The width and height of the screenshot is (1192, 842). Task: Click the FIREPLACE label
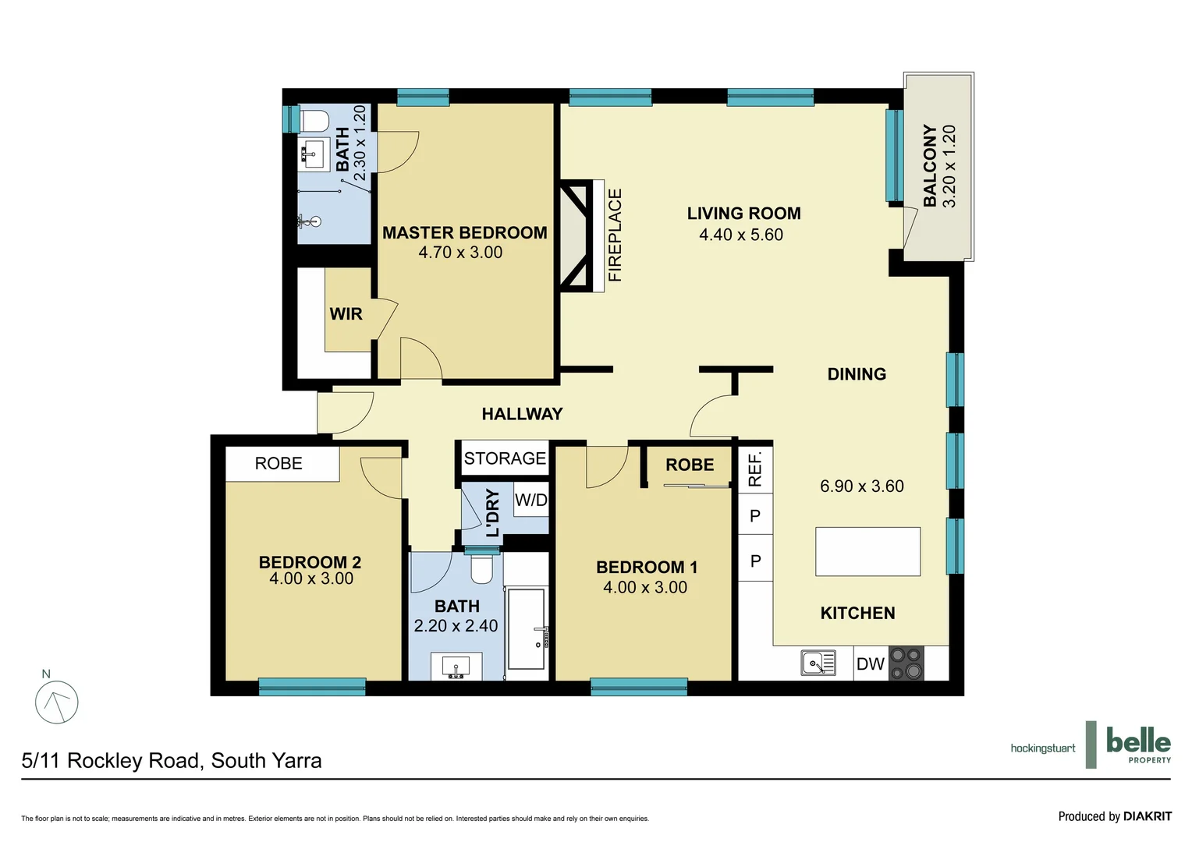click(615, 235)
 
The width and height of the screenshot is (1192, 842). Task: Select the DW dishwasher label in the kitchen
click(870, 664)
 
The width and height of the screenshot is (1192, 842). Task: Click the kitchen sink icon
click(818, 663)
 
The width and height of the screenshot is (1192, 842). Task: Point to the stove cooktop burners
click(906, 663)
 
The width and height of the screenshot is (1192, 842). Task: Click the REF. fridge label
click(755, 469)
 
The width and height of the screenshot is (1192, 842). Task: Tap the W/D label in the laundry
click(531, 501)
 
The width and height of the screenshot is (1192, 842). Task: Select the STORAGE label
click(505, 458)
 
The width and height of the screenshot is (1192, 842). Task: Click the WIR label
click(346, 314)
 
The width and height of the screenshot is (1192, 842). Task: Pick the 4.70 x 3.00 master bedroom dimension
click(460, 253)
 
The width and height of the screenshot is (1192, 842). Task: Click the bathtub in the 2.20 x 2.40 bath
click(527, 628)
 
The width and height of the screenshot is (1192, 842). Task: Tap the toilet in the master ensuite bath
click(314, 121)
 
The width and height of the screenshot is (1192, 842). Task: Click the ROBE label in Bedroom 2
click(278, 464)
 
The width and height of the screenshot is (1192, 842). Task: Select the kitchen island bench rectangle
click(867, 552)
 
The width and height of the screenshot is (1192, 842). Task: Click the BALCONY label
click(930, 165)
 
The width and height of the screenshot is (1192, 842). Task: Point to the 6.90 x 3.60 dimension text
click(861, 486)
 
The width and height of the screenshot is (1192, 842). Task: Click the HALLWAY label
click(522, 414)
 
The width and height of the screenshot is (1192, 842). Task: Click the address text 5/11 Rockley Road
click(172, 761)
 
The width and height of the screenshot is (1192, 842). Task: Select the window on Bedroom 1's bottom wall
click(638, 687)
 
